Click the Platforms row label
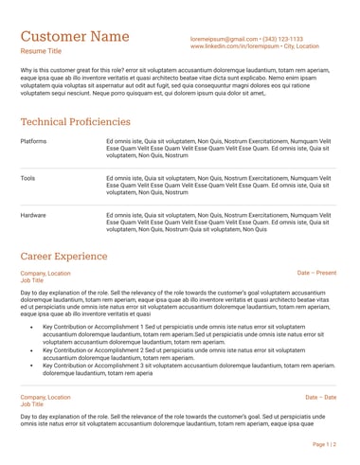coord(33,140)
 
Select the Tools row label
coord(27,177)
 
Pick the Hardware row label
coord(33,215)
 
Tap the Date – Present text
coord(316,273)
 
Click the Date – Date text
coord(320,397)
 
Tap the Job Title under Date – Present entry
coord(32,281)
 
